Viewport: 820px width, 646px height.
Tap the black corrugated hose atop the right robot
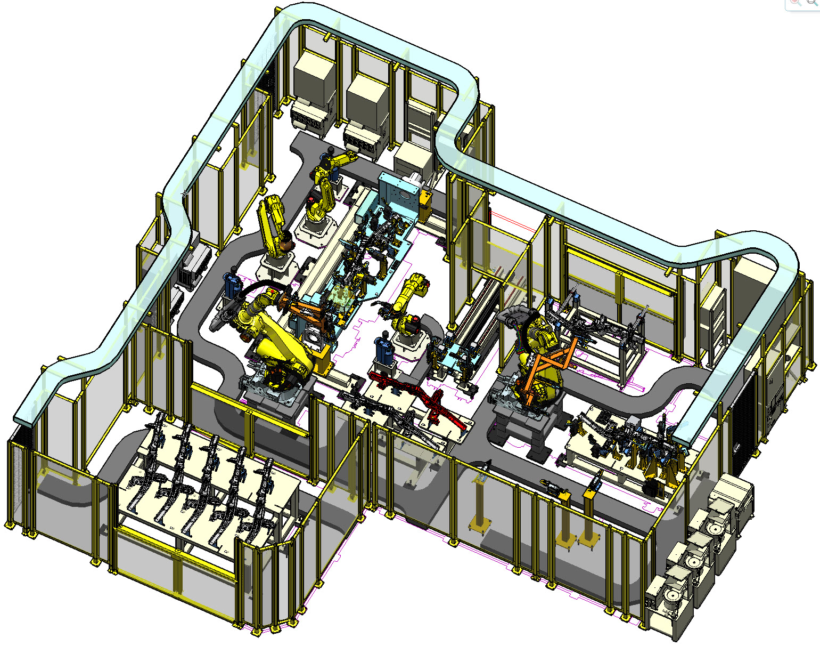click(x=514, y=314)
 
